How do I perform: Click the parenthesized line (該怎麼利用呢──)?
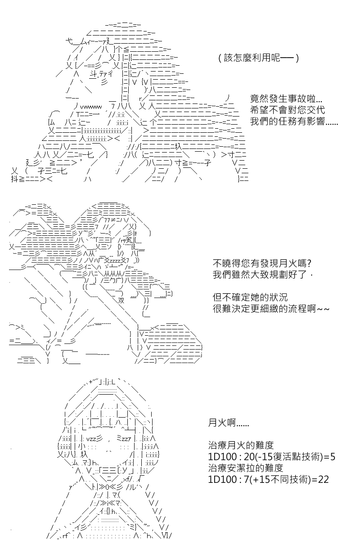click(x=258, y=58)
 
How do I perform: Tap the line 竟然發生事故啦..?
click(x=286, y=99)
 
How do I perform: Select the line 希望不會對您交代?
click(x=288, y=110)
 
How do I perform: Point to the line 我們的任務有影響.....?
click(x=294, y=121)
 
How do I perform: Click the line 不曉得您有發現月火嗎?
click(x=262, y=263)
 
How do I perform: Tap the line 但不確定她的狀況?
click(x=250, y=297)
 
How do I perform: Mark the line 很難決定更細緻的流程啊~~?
click(x=271, y=308)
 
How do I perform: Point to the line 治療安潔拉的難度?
click(x=245, y=468)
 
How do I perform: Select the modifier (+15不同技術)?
click(x=280, y=479)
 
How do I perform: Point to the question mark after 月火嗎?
click(x=309, y=263)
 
